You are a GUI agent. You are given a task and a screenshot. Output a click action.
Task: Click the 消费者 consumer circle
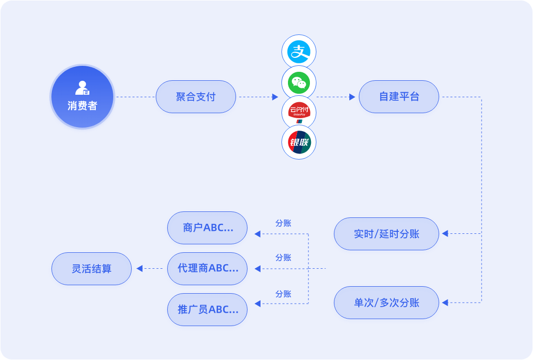pyautogui.click(x=82, y=97)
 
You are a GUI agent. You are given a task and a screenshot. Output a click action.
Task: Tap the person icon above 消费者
pyautogui.click(x=82, y=88)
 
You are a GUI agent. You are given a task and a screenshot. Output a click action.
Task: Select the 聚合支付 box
pyautogui.click(x=196, y=97)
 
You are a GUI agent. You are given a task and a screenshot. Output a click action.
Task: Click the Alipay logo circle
pyautogui.click(x=299, y=51)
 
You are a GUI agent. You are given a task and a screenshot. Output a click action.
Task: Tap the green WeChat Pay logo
pyautogui.click(x=299, y=82)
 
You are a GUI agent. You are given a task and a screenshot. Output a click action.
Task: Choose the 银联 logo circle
pyautogui.click(x=299, y=143)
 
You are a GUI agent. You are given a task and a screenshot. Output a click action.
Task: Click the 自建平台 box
pyautogui.click(x=399, y=97)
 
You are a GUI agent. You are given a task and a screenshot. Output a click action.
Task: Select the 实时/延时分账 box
pyautogui.click(x=386, y=234)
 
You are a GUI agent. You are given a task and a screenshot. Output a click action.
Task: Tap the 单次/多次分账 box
pyautogui.click(x=386, y=303)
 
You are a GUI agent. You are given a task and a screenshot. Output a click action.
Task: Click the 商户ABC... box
pyautogui.click(x=207, y=228)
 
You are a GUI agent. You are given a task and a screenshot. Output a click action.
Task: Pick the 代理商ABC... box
pyautogui.click(x=207, y=269)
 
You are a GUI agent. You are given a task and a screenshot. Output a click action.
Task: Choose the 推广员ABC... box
pyautogui.click(x=207, y=310)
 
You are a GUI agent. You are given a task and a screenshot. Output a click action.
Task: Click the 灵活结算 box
pyautogui.click(x=91, y=269)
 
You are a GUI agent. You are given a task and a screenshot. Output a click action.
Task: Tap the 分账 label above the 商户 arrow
pyautogui.click(x=283, y=223)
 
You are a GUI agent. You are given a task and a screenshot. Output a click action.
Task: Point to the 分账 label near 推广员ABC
pyautogui.click(x=283, y=294)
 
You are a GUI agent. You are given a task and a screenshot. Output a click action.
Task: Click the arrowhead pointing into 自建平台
pyautogui.click(x=352, y=97)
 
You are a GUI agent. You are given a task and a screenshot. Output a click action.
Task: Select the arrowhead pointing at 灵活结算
pyautogui.click(x=140, y=269)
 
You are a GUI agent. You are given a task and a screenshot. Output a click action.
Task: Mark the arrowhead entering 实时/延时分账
pyautogui.click(x=445, y=233)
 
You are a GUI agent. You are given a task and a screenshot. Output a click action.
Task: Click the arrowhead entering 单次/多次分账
pyautogui.click(x=445, y=302)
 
